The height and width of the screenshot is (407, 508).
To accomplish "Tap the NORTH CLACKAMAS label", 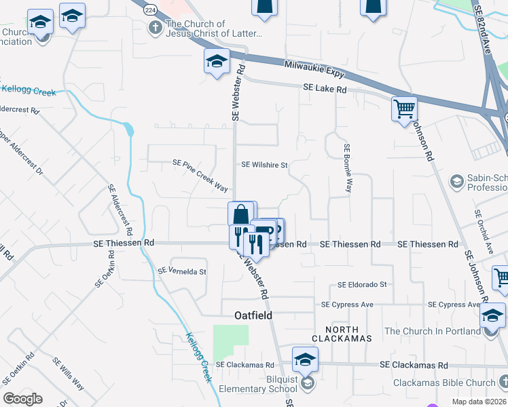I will click(x=342, y=333).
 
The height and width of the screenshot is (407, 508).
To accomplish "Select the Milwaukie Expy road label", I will click(x=314, y=70).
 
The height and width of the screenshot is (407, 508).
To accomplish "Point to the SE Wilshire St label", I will click(x=265, y=165).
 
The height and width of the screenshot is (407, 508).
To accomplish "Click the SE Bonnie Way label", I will click(x=347, y=168).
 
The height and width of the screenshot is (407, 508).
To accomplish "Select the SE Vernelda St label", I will click(x=181, y=271).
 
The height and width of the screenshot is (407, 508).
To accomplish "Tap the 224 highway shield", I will click(x=150, y=10).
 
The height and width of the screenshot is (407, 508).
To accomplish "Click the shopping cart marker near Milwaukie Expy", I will click(x=404, y=108).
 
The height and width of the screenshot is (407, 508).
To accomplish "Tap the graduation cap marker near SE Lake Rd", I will click(x=217, y=62).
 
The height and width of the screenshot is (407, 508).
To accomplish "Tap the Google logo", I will click(x=22, y=399).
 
